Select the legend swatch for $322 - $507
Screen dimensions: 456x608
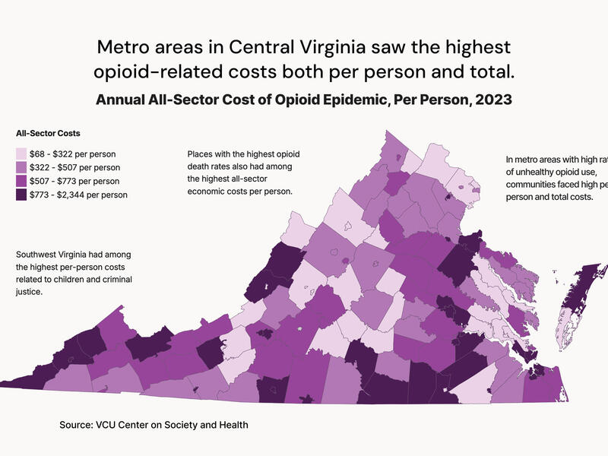click(x=22, y=167)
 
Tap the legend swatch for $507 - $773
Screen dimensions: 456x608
click(x=22, y=181)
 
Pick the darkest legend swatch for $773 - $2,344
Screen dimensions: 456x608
click(x=22, y=195)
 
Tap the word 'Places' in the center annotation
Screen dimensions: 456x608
click(x=201, y=154)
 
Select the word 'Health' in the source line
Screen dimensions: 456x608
click(x=233, y=425)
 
